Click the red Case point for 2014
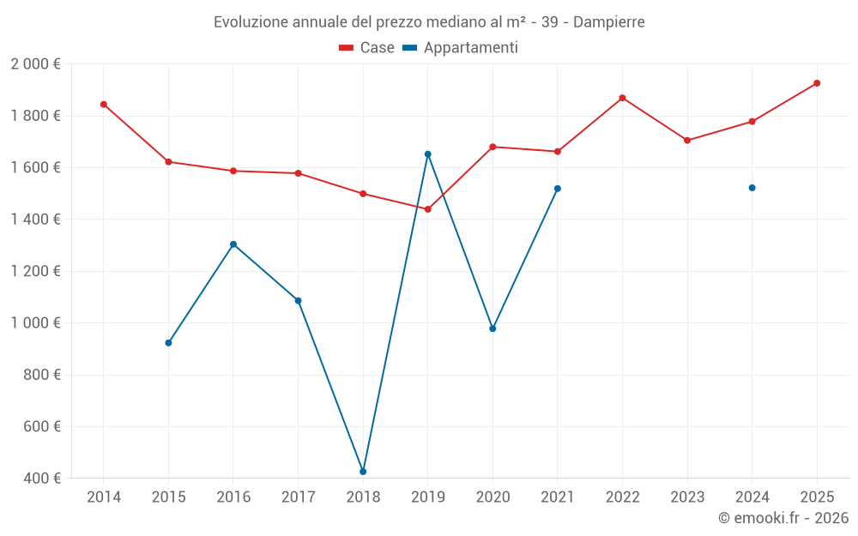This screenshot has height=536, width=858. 104,105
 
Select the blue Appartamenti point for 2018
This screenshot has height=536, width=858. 363,472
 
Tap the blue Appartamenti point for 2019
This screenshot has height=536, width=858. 427,154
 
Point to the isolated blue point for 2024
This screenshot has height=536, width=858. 752,188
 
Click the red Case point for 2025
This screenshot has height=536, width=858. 817,83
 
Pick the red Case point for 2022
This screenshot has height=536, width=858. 622,98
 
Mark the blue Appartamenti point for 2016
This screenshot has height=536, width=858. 233,244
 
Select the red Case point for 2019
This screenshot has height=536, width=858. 427,209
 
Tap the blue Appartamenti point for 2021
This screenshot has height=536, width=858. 557,189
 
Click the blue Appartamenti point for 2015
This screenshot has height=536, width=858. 168,343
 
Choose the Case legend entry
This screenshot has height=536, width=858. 367,48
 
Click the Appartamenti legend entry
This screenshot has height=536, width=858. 461,48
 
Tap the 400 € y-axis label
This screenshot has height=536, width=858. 41,479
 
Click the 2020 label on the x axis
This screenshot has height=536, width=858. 492,497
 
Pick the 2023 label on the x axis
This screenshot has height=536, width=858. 687,497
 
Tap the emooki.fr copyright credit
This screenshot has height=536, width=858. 783,518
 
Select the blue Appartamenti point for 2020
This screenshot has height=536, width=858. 492,328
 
